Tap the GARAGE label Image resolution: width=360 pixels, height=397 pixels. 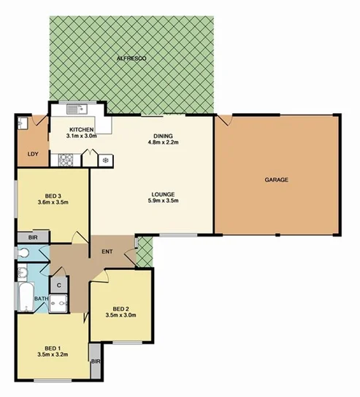pyautogui.click(x=277, y=179)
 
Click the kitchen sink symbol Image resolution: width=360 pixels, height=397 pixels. pyautogui.click(x=74, y=109)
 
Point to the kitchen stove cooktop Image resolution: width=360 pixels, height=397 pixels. pyautogui.click(x=64, y=158)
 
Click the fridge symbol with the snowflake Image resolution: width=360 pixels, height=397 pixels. pyautogui.click(x=106, y=159)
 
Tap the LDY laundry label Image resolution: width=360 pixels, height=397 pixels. pyautogui.click(x=32, y=154)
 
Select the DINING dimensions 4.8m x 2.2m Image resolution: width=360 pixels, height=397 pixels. pyautogui.click(x=163, y=143)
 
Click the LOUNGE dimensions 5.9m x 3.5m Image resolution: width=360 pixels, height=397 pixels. pyautogui.click(x=163, y=201)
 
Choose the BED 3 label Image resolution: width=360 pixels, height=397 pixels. pyautogui.click(x=53, y=196)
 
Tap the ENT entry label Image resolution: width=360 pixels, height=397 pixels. pyautogui.click(x=106, y=253)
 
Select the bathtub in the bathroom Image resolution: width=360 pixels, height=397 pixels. pyautogui.click(x=21, y=296)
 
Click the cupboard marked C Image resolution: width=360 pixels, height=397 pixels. pyautogui.click(x=58, y=285)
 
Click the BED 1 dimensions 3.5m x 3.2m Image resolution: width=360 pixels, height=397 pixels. pyautogui.click(x=52, y=355)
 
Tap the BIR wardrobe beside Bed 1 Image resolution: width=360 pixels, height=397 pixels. pyautogui.click(x=95, y=361)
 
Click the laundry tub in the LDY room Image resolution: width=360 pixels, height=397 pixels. pyautogui.click(x=23, y=122)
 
